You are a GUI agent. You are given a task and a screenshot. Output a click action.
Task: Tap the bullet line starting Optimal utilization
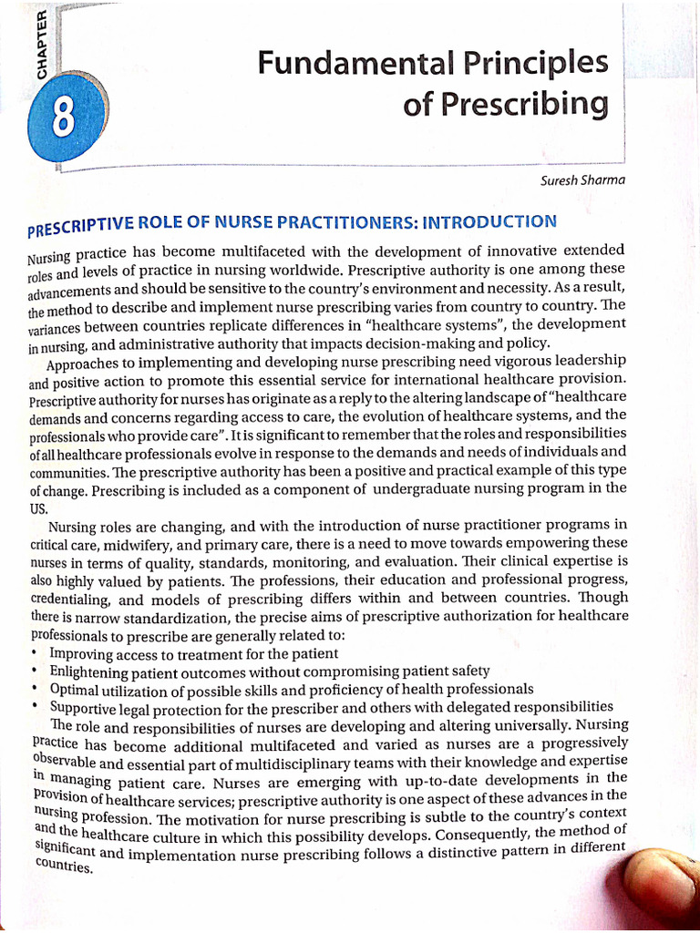[x=291, y=689]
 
